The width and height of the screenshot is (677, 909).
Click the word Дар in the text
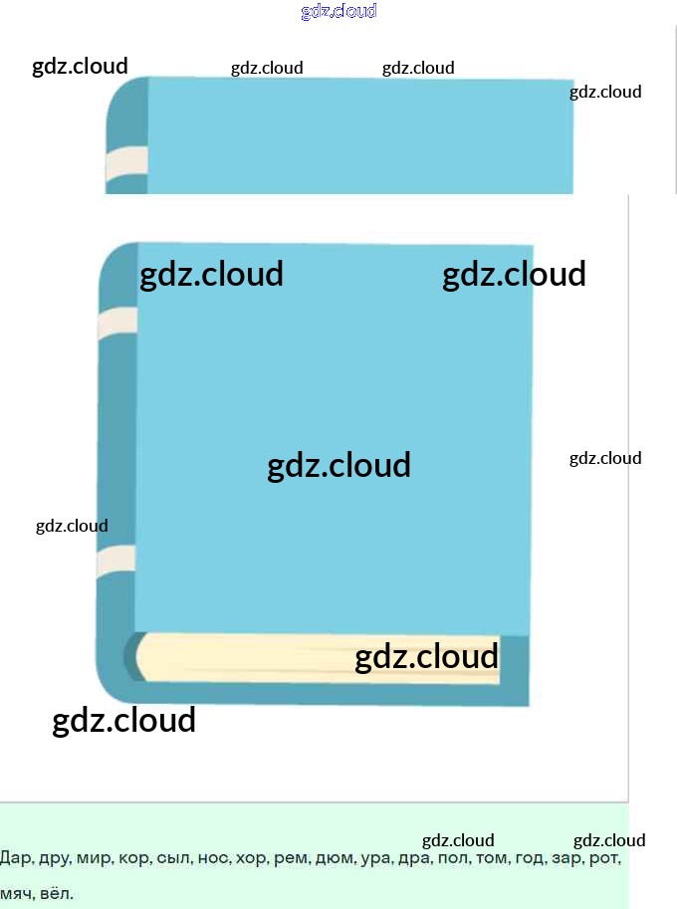tap(15, 858)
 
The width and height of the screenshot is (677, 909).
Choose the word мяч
tap(16, 894)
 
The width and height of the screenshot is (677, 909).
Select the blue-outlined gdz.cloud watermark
tap(338, 12)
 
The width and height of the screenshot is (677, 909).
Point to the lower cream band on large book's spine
tap(115, 561)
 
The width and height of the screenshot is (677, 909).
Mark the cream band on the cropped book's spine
tap(126, 163)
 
